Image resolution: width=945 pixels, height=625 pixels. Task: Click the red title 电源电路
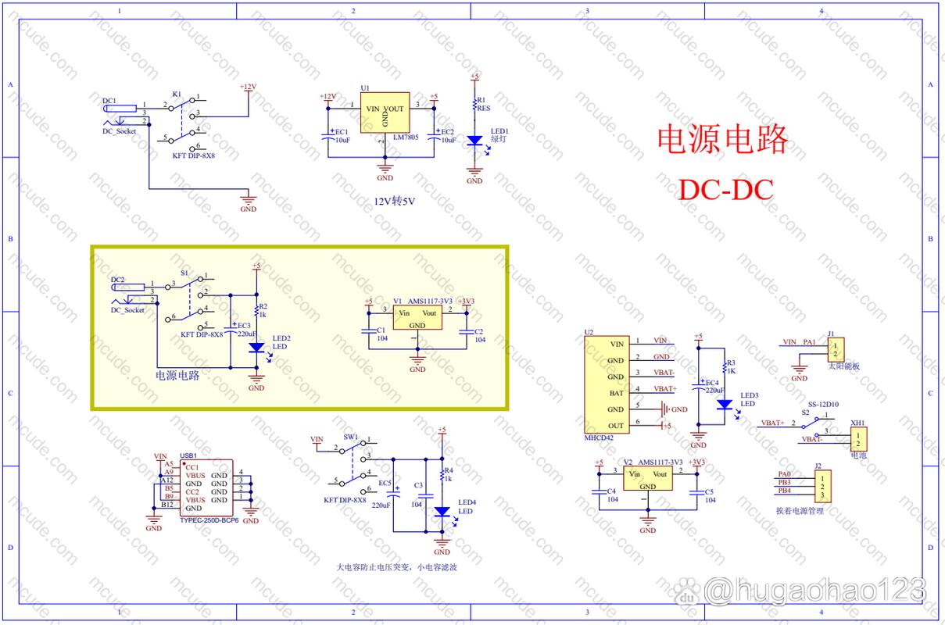[x=721, y=140]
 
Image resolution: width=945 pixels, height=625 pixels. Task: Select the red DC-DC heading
[x=725, y=189]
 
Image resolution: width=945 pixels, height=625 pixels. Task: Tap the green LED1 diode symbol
[x=474, y=141]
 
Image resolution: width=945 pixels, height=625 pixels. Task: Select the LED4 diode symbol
[x=442, y=512]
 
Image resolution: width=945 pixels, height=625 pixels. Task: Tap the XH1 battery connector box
[x=859, y=437]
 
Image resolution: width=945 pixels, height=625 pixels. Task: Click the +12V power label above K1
[x=248, y=86]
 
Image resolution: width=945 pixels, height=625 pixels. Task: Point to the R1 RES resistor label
[x=483, y=105]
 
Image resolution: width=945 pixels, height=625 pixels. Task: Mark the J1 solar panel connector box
[x=837, y=348]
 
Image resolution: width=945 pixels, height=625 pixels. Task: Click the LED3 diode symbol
[x=724, y=405]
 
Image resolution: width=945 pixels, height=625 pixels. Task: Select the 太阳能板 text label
[x=844, y=365]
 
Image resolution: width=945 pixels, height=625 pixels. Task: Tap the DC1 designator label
[x=109, y=101]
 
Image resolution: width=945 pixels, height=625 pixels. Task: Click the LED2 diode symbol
[x=256, y=348]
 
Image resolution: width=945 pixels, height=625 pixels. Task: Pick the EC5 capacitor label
[x=385, y=483]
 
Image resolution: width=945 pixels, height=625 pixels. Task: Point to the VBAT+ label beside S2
[x=771, y=423]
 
